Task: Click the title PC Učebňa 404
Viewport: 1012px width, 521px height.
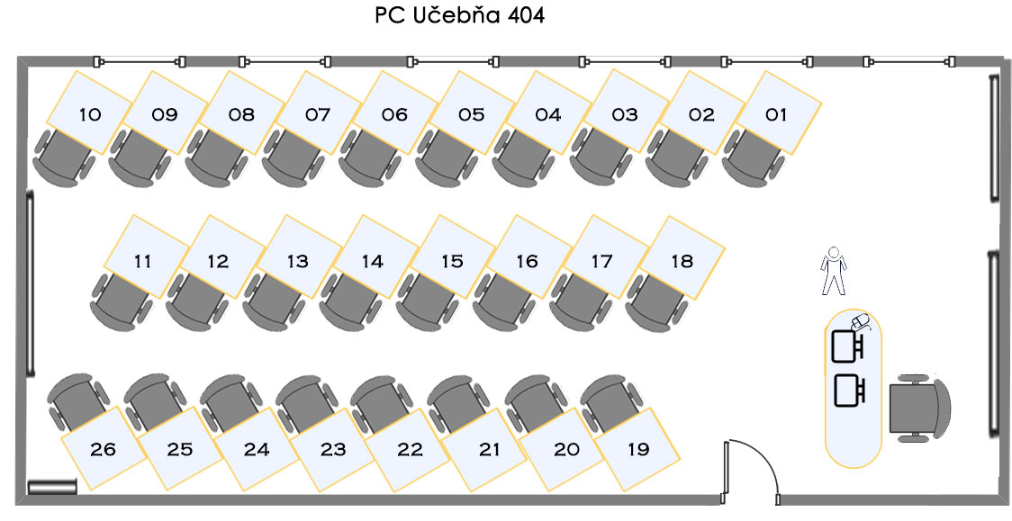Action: [459, 16]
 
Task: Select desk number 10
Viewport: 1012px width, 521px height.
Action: [90, 113]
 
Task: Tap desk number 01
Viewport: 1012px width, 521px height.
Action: [776, 113]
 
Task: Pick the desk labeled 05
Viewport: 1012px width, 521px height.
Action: [471, 113]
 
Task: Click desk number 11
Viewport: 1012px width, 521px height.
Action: [142, 261]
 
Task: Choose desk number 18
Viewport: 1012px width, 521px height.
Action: [682, 261]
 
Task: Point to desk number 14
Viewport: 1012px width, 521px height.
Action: [372, 261]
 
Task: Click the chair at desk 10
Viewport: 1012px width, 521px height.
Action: [63, 159]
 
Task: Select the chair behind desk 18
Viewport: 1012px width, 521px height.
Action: [655, 302]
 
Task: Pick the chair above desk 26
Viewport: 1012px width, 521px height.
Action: [76, 398]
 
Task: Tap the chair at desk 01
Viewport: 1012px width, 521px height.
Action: [753, 159]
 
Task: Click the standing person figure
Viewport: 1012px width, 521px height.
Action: [835, 271]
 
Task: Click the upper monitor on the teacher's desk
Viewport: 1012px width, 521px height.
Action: [847, 345]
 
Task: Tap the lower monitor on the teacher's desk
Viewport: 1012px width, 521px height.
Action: [849, 390]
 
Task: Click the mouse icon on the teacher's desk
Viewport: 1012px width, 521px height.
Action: [861, 320]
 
